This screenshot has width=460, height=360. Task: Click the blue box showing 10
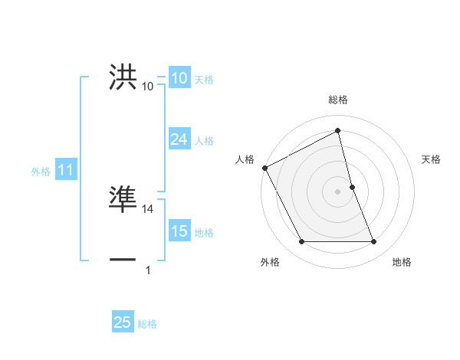[x=179, y=78]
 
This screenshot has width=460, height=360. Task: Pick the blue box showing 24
[x=179, y=139]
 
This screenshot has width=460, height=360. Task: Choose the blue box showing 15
[x=179, y=231]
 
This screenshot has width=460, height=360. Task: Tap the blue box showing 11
[x=65, y=171]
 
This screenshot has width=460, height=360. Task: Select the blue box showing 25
[x=123, y=322]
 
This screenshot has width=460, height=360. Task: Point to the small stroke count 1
[x=148, y=270]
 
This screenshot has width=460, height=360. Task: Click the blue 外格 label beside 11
[x=41, y=172]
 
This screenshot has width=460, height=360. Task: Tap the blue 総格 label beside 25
[x=147, y=324]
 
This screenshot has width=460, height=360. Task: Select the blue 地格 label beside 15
[x=204, y=233]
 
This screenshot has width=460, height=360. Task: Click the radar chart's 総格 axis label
[x=337, y=100]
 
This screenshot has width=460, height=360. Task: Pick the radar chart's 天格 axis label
[x=432, y=159]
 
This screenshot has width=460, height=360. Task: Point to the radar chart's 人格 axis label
[x=245, y=159]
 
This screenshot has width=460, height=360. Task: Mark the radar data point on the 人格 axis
[x=264, y=168]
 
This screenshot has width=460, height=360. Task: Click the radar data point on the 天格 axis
[x=352, y=187]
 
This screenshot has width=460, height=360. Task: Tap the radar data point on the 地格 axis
[x=373, y=242]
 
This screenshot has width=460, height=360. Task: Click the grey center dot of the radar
[x=337, y=191]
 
